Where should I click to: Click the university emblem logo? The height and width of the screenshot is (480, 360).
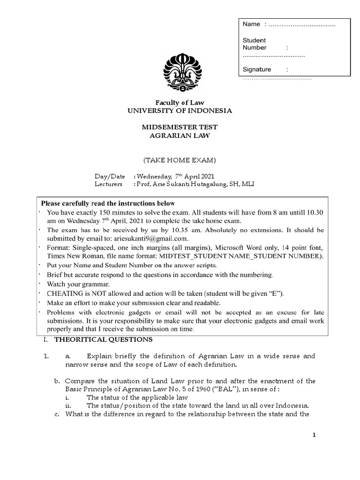click(180, 72)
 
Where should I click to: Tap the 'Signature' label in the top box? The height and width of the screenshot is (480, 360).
click(256, 69)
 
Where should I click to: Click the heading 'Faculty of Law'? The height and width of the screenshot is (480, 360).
click(180, 103)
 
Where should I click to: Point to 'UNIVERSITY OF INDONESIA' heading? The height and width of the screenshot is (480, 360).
click(180, 111)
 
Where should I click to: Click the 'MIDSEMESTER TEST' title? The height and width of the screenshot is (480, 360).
click(180, 127)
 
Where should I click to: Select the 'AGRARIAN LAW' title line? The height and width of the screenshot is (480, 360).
click(180, 135)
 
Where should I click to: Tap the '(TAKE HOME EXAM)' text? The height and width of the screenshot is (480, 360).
click(180, 160)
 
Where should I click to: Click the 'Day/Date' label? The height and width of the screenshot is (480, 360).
click(110, 177)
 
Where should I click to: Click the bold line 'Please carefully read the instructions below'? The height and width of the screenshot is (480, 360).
click(108, 203)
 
